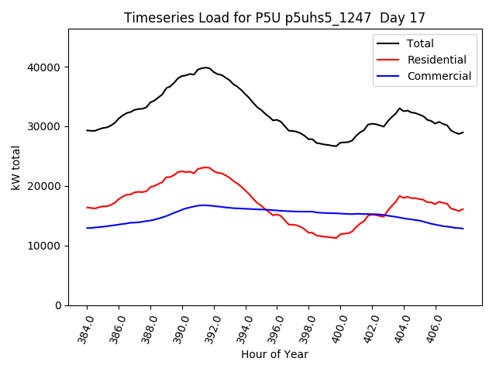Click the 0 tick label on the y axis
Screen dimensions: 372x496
58,306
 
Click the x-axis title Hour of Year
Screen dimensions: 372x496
274,355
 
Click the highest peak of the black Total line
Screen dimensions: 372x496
205,67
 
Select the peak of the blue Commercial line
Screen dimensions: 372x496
203,205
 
